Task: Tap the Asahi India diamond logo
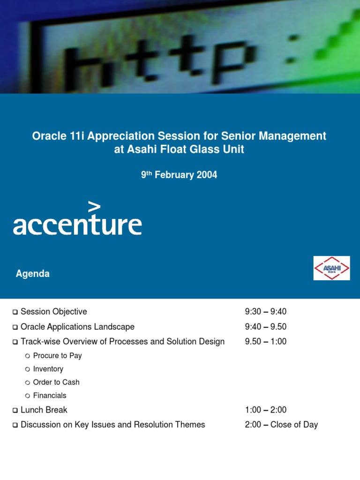(331, 268)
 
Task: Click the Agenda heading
(33, 274)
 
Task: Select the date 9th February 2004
(179, 175)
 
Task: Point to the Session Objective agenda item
(54, 312)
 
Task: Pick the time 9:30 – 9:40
(265, 312)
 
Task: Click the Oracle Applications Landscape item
(77, 327)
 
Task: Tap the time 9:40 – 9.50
(265, 327)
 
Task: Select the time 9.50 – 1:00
(265, 342)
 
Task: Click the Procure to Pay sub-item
(57, 356)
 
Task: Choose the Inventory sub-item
(48, 369)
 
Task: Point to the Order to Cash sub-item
(56, 382)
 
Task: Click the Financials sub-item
(50, 395)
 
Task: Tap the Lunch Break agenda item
(44, 410)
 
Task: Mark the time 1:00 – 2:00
(265, 410)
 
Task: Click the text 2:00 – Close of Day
(281, 425)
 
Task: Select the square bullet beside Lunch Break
(15, 411)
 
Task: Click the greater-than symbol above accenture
(94, 207)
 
